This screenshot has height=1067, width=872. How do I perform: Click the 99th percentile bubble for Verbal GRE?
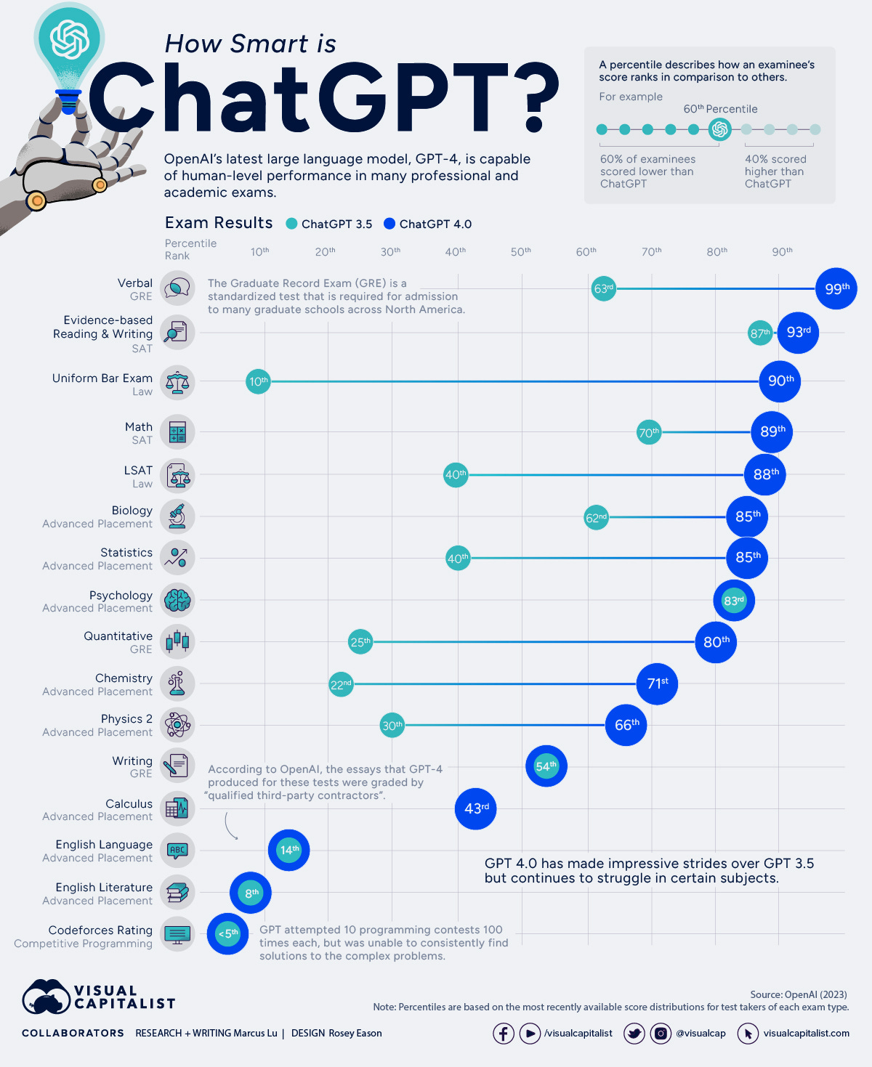pos(836,288)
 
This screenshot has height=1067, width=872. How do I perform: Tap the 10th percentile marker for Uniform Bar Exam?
pos(258,381)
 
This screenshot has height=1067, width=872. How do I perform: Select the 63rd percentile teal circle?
pos(603,288)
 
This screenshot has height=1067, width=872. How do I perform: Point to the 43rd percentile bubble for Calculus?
pos(476,808)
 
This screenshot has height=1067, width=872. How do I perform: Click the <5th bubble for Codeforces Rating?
pos(227,933)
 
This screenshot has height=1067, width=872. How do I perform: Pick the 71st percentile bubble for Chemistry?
pos(657,683)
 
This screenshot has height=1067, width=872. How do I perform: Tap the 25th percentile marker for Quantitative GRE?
pos(360,642)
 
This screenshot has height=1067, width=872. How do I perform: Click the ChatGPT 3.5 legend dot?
pos(292,224)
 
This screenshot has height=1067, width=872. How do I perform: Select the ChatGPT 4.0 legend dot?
pos(389,224)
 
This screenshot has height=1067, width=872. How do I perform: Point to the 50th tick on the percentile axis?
pos(520,251)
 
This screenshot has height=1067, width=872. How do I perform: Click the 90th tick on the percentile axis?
pos(782,251)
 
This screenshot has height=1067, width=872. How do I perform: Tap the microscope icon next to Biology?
pos(177,516)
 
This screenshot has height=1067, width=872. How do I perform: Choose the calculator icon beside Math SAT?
pos(177,432)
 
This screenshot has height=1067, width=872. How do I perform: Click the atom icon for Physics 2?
pos(177,725)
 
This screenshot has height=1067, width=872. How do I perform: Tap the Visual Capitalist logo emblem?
pos(46,997)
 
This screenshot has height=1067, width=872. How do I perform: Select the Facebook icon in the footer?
pos(504,1033)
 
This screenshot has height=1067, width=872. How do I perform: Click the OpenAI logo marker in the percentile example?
pos(720,129)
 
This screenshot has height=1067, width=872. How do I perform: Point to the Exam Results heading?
pos(219,223)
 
